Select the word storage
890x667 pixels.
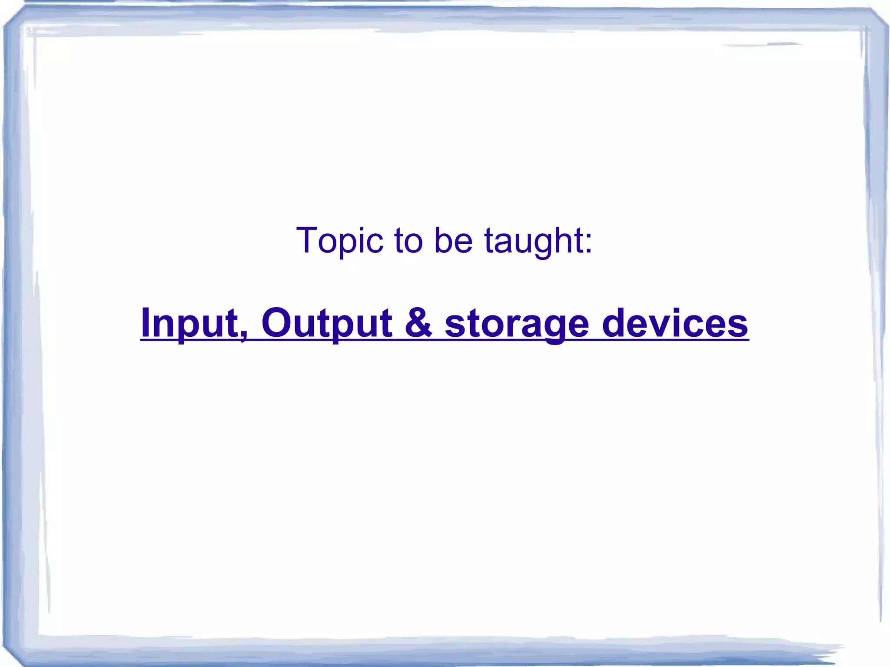(517, 324)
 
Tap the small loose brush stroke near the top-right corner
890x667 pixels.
(765, 44)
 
